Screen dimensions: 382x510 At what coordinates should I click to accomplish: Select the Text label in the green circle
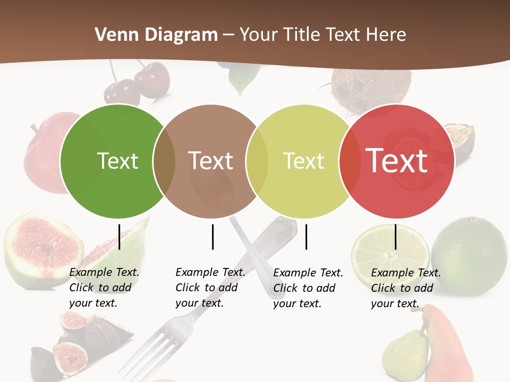[117, 161]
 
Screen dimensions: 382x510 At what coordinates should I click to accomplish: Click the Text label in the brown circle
[211, 161]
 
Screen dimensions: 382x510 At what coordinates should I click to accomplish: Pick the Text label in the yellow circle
[303, 161]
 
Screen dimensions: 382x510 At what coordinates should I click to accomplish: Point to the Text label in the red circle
[397, 161]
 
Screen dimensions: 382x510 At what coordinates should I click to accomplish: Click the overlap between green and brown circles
[164, 161]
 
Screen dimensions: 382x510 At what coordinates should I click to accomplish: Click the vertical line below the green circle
[120, 237]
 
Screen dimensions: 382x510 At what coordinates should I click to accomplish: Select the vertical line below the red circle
[396, 237]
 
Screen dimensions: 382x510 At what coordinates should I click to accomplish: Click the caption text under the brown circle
[210, 288]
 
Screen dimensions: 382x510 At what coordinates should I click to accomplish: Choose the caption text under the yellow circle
[308, 288]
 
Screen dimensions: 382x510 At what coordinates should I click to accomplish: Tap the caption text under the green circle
[104, 288]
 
